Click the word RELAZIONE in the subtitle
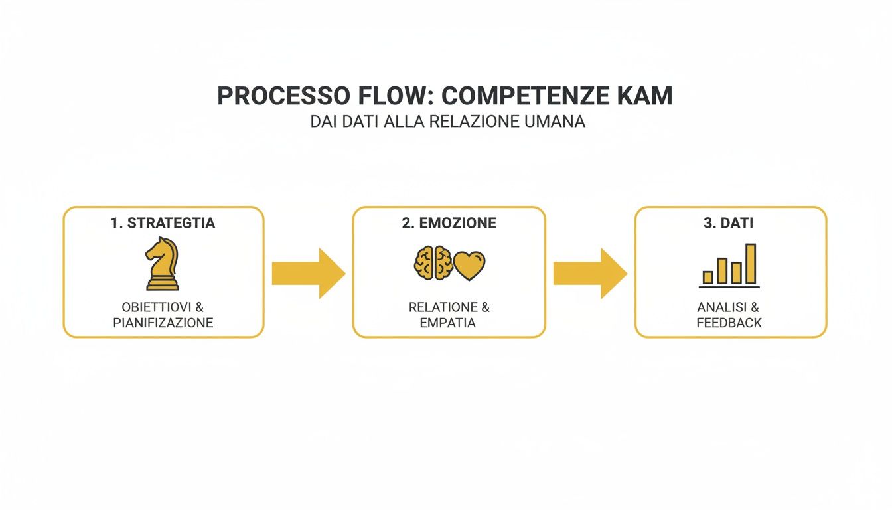point(476,122)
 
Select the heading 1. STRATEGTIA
point(163,223)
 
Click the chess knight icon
point(162,264)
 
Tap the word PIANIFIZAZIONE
point(163,323)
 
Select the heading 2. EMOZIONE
point(449,223)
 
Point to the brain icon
point(433,263)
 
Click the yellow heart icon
point(470,265)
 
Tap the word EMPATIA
point(448,323)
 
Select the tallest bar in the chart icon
point(751,264)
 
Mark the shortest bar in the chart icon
point(707,277)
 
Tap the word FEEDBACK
point(729,323)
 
